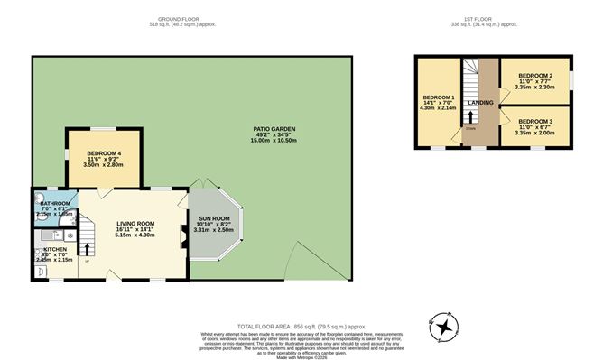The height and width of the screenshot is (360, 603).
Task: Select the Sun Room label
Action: pyautogui.click(x=214, y=217)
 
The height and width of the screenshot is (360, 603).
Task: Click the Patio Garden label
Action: pyautogui.click(x=274, y=129)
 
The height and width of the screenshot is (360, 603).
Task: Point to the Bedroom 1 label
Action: pyautogui.click(x=440, y=97)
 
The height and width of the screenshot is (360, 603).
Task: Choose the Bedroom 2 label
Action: pyautogui.click(x=535, y=75)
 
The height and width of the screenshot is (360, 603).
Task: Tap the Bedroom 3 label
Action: pyautogui.click(x=534, y=120)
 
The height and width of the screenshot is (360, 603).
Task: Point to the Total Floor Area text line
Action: pyautogui.click(x=301, y=325)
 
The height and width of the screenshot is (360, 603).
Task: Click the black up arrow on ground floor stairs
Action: pyautogui.click(x=88, y=248)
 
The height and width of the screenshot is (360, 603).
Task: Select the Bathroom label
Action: pyautogui.click(x=55, y=205)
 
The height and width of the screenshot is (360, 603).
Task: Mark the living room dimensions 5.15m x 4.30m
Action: pyautogui.click(x=135, y=235)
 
